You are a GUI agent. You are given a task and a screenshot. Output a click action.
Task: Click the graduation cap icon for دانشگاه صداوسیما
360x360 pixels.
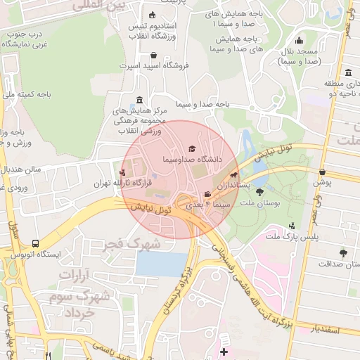[191, 149]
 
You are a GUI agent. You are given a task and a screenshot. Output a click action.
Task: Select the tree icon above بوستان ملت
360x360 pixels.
[259, 190]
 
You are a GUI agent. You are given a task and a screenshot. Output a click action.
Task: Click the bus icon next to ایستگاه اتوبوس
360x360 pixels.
[35, 243]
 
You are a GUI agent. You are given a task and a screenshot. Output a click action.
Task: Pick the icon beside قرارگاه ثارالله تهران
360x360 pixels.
[124, 172]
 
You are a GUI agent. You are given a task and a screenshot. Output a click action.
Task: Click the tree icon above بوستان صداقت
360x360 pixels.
[343, 252]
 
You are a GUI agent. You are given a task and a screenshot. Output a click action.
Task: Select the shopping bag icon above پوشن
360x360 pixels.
[322, 172]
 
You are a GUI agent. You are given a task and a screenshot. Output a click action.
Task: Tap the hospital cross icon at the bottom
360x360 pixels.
[224, 351]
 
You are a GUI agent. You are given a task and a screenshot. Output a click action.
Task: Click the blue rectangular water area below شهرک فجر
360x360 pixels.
[162, 263]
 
